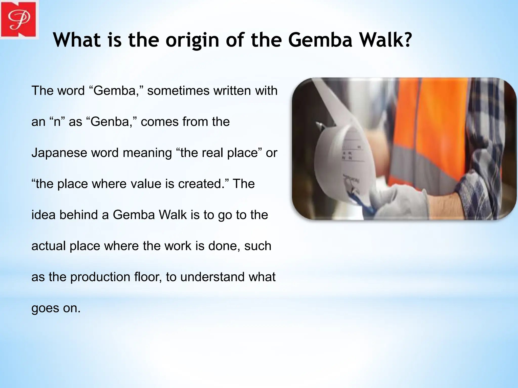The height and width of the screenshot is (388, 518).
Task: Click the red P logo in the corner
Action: tap(18, 19)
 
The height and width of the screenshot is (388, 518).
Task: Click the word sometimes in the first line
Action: tap(178, 91)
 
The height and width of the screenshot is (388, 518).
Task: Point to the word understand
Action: tap(212, 277)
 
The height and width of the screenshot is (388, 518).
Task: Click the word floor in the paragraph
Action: tap(148, 277)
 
